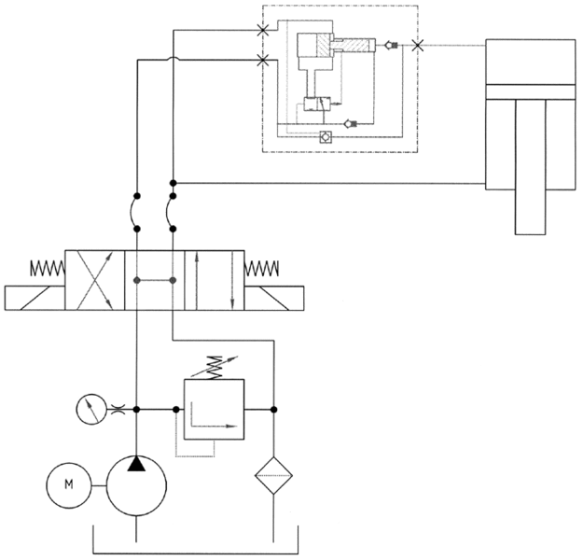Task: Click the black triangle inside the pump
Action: [x=137, y=464]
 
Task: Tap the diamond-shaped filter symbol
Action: [x=273, y=473]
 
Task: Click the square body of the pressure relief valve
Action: [x=214, y=409]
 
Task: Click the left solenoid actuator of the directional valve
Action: [x=35, y=298]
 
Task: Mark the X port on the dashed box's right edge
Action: [x=417, y=44]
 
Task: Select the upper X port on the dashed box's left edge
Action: [x=264, y=30]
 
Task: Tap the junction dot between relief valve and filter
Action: [x=273, y=409]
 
